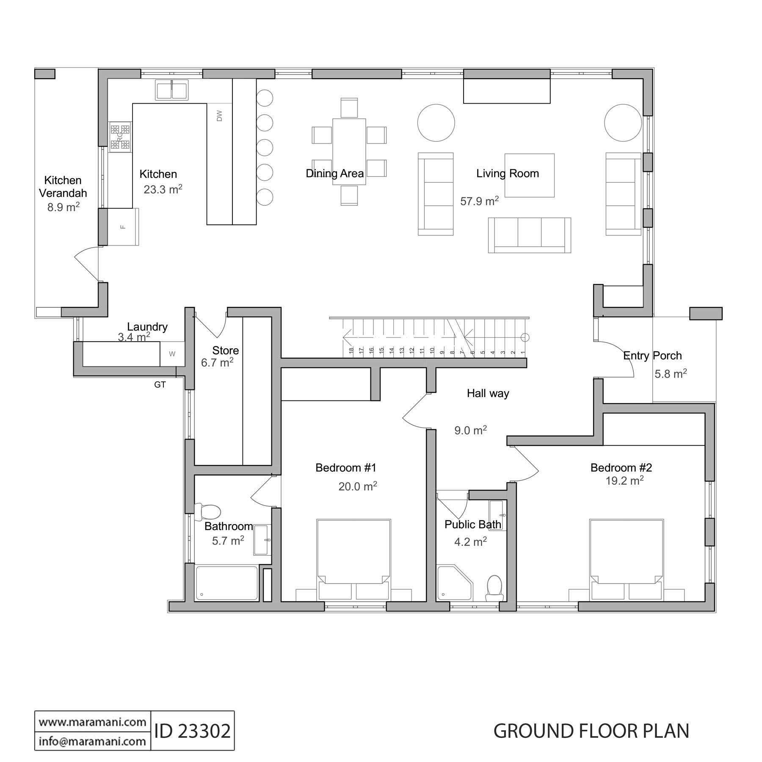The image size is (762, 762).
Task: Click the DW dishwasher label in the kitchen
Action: click(219, 116)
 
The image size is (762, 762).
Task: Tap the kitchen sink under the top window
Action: click(171, 90)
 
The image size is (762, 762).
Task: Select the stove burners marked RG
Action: click(120, 137)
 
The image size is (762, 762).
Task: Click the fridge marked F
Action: click(123, 226)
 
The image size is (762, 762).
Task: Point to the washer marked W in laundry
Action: click(172, 354)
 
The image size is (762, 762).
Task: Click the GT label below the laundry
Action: click(160, 385)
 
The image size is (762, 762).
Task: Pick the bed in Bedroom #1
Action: click(353, 559)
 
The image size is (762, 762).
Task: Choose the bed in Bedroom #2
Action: click(627, 559)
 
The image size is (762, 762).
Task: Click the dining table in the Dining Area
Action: click(349, 152)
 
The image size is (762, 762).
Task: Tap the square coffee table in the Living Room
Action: click(529, 175)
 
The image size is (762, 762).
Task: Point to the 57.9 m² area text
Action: click(480, 201)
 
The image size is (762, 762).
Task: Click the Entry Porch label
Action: click(652, 356)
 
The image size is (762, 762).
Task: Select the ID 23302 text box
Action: click(193, 731)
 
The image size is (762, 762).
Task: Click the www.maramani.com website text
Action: click(93, 721)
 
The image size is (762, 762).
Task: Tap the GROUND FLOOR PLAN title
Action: click(591, 731)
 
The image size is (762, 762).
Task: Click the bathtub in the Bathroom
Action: click(226, 583)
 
